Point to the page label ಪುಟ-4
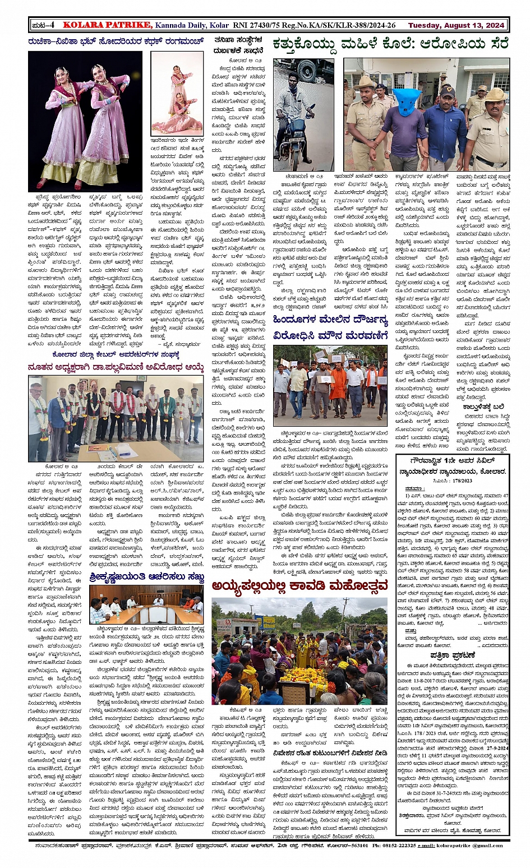pyautogui.click(x=43, y=25)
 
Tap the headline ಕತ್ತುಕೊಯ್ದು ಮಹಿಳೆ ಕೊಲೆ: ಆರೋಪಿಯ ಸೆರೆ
pyautogui.click(x=390, y=44)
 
